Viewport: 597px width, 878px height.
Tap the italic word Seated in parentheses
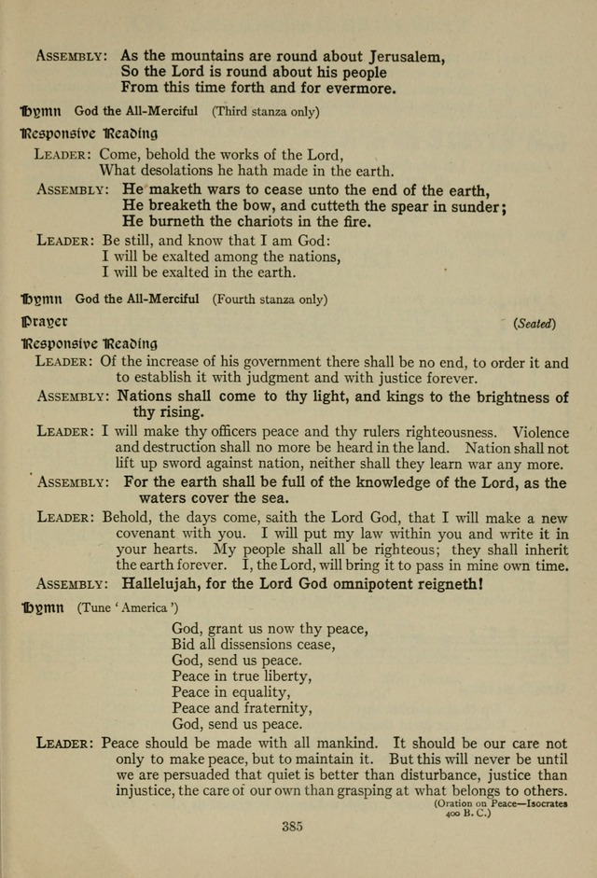[x=535, y=324]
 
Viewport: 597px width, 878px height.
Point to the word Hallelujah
[x=162, y=584]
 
